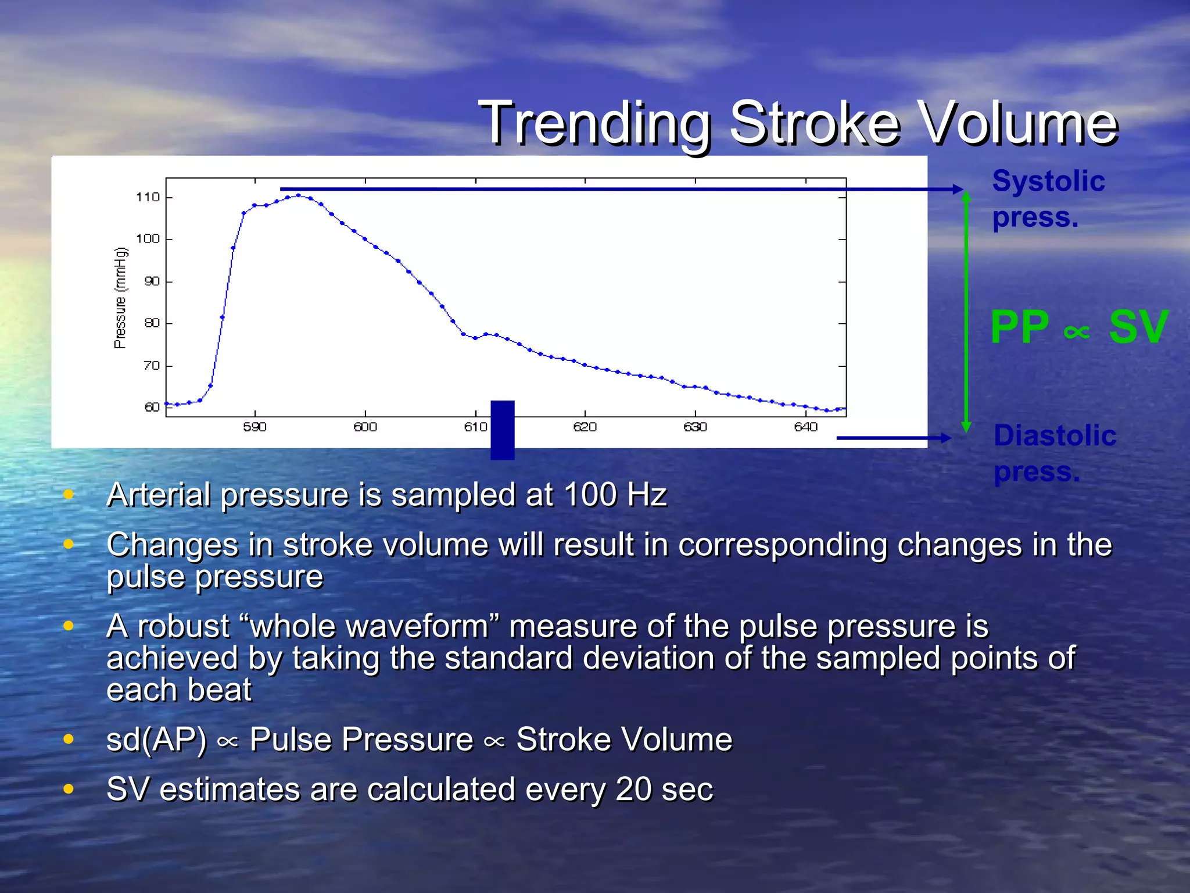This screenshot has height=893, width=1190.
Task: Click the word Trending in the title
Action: coord(595,123)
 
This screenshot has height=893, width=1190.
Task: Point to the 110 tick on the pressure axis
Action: coord(148,197)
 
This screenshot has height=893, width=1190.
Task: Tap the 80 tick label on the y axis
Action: coord(151,323)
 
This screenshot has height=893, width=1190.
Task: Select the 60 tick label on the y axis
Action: coord(151,407)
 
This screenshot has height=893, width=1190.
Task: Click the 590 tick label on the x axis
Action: coord(255,427)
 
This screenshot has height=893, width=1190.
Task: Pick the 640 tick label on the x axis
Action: coord(805,427)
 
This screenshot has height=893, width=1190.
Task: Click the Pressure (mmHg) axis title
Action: coord(120,298)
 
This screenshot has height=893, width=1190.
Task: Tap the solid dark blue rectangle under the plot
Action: coord(502,430)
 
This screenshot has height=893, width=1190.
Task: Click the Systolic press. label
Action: coord(1048,198)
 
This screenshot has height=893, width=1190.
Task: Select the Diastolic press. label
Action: coord(1054,453)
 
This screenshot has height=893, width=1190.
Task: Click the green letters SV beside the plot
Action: coord(1138,327)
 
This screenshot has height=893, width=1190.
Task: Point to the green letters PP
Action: coord(1020,327)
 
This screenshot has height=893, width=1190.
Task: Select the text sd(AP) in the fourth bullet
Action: coord(156,740)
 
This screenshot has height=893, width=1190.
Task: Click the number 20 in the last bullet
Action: coord(633,790)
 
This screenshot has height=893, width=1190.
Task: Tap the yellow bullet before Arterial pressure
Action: coord(69,495)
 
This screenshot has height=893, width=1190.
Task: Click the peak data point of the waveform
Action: coord(299,195)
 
